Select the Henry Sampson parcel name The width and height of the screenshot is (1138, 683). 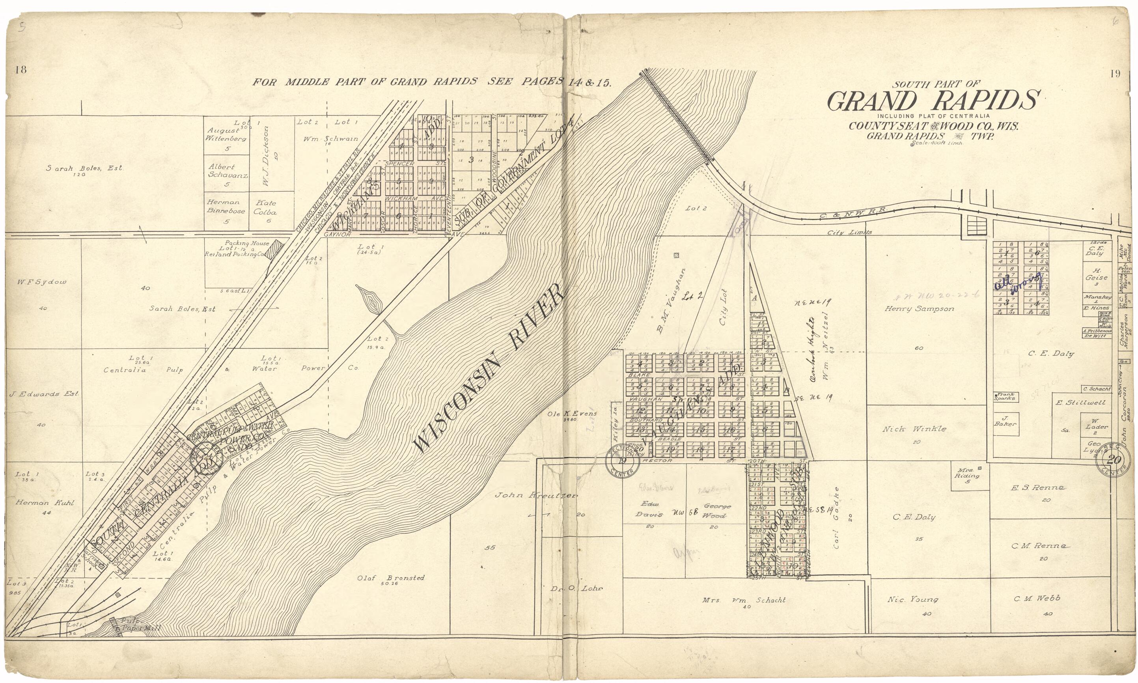click(x=919, y=309)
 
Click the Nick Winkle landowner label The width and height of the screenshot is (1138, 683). click(x=914, y=429)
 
